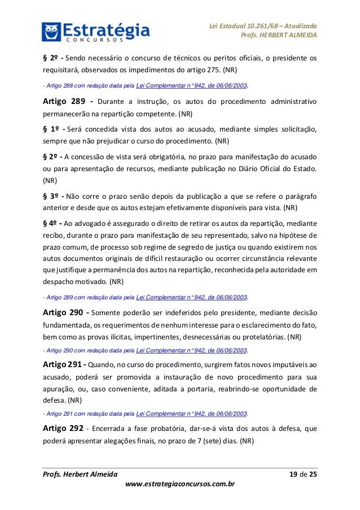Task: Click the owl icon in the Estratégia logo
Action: pyautogui.click(x=51, y=32)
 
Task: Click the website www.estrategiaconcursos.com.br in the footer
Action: pyautogui.click(x=180, y=484)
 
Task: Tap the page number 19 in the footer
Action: pyautogui.click(x=294, y=473)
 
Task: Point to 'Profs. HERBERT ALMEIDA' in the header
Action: pyautogui.click(x=279, y=36)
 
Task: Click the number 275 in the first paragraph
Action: pyautogui.click(x=213, y=72)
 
